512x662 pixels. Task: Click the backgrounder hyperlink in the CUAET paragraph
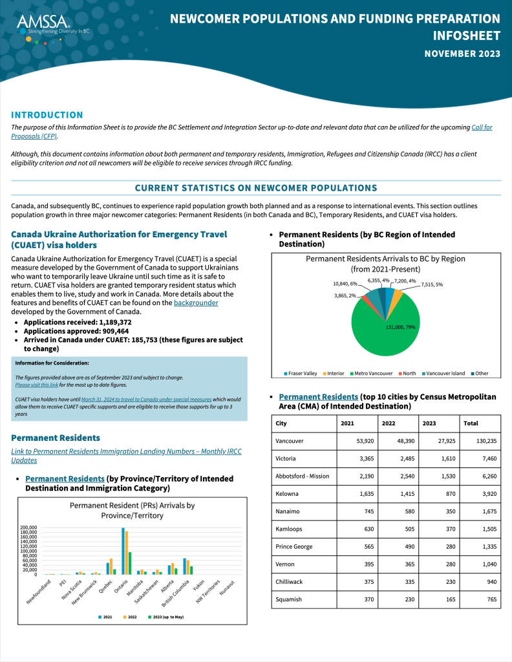click(x=196, y=303)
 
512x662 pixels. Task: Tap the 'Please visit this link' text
click(x=37, y=385)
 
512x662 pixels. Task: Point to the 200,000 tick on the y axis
click(x=29, y=528)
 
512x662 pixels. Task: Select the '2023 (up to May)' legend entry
click(x=166, y=617)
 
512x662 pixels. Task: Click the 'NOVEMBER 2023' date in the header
click(x=462, y=54)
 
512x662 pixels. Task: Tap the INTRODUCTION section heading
click(x=47, y=114)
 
